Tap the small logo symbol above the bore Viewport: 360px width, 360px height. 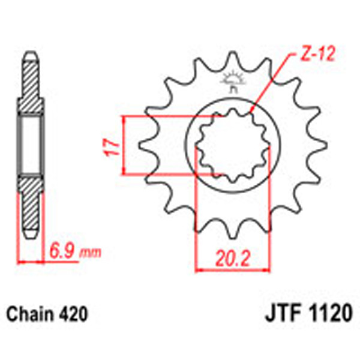click(231, 80)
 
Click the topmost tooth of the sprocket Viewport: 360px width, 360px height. click(232, 60)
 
